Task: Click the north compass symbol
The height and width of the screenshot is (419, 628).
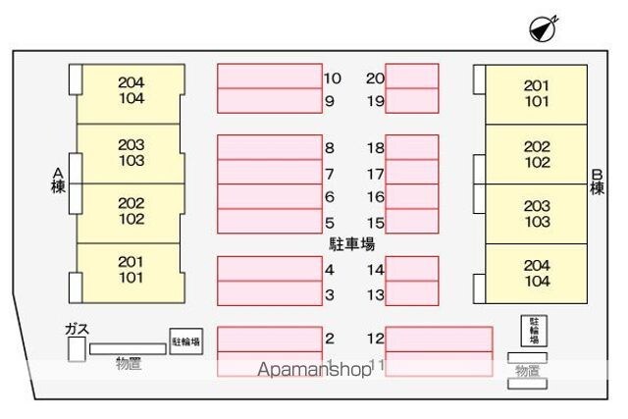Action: pyautogui.click(x=543, y=29)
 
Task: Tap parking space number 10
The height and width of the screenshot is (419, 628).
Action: pyautogui.click(x=269, y=77)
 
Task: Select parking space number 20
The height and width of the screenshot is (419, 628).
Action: pyautogui.click(x=411, y=77)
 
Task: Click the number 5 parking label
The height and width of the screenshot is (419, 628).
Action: pyautogui.click(x=330, y=223)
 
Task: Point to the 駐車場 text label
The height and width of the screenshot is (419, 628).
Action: pyautogui.click(x=351, y=243)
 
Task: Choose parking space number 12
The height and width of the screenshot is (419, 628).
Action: pyautogui.click(x=439, y=339)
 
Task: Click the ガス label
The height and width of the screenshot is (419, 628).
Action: pyautogui.click(x=77, y=329)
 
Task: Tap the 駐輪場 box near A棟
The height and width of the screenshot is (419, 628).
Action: pyautogui.click(x=185, y=341)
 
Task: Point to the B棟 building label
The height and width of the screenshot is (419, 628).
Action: pyautogui.click(x=596, y=183)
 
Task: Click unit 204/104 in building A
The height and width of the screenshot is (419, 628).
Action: pyautogui.click(x=131, y=91)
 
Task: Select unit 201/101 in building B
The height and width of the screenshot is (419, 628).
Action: pyautogui.click(x=536, y=93)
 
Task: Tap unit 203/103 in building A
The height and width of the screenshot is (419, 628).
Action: pyautogui.click(x=131, y=152)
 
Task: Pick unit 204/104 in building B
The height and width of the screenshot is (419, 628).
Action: pyautogui.click(x=537, y=273)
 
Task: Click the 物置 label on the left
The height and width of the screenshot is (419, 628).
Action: pyautogui.click(x=129, y=364)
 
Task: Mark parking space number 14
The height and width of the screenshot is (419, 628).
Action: pyautogui.click(x=411, y=269)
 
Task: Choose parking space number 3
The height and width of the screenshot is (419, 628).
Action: pyautogui.click(x=269, y=292)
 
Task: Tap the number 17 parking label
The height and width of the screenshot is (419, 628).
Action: pyautogui.click(x=376, y=174)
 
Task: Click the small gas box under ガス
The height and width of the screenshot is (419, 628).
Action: pyautogui.click(x=76, y=349)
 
